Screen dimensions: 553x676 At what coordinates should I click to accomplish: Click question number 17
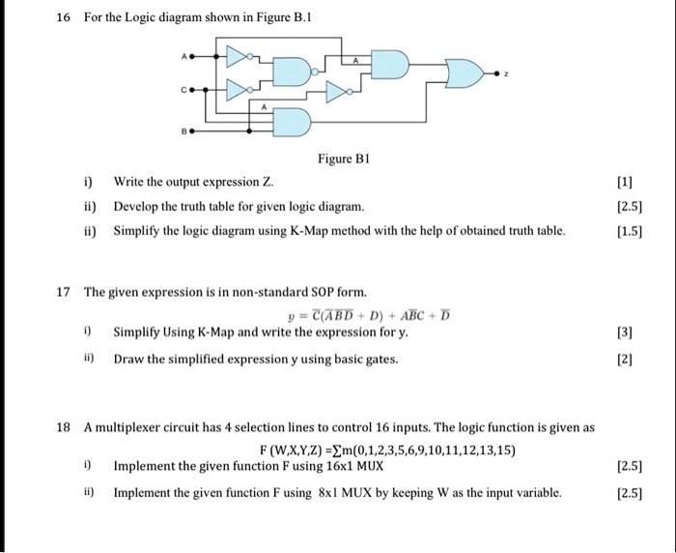click(63, 291)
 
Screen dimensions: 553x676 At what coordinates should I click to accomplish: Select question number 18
click(63, 426)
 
